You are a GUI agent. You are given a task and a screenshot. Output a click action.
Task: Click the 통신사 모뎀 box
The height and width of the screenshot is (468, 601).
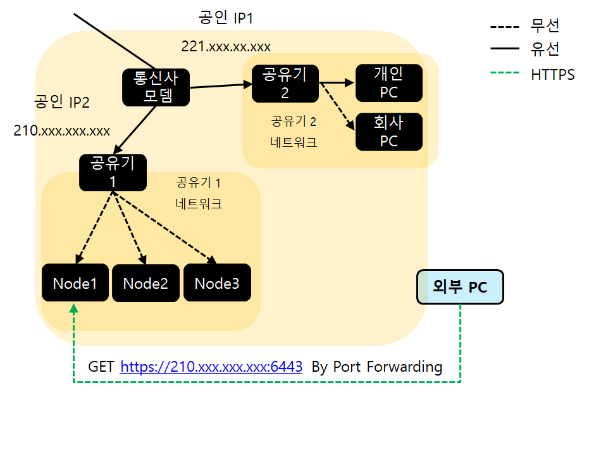(156, 87)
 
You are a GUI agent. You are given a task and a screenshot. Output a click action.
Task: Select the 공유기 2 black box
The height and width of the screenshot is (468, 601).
(285, 83)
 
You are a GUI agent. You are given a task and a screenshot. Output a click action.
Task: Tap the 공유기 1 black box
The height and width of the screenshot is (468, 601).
(113, 172)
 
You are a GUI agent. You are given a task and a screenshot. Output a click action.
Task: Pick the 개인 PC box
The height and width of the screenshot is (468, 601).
(388, 83)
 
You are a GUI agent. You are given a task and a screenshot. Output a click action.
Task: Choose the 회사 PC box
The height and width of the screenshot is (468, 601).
(388, 132)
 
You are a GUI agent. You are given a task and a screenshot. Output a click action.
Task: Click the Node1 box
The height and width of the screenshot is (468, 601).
(75, 283)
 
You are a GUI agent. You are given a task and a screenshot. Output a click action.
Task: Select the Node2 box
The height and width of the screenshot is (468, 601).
(146, 283)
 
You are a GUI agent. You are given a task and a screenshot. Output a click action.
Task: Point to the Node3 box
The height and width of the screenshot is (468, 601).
(216, 283)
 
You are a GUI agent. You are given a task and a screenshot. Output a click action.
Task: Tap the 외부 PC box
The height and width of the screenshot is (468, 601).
(460, 287)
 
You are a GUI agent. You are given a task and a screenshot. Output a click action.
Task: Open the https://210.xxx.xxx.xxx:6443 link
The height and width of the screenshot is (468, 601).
(211, 367)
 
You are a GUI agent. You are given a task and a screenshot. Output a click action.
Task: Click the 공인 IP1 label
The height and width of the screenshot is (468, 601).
(226, 18)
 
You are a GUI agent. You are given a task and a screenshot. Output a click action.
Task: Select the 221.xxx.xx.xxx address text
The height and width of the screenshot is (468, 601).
(226, 46)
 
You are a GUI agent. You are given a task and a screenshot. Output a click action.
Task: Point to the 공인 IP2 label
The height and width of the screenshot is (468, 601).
(62, 101)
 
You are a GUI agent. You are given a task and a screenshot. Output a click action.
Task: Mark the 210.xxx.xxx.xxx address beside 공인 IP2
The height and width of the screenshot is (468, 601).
(62, 131)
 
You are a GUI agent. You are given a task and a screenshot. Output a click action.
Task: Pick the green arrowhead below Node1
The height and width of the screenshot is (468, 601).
(74, 308)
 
